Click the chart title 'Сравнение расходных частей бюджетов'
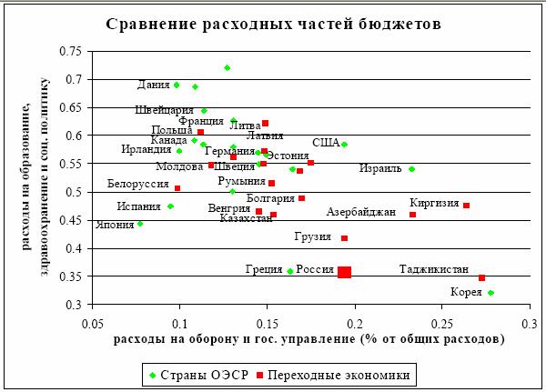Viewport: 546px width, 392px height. [x=273, y=24]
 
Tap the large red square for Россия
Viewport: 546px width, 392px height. [x=344, y=272]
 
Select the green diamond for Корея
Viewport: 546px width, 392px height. [x=490, y=293]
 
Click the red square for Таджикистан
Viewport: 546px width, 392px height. [x=481, y=277]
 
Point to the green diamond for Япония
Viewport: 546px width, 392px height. [x=140, y=223]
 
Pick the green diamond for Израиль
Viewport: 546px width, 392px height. [x=411, y=169]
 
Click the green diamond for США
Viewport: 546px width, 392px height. [x=344, y=145]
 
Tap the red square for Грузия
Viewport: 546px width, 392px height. [x=344, y=238]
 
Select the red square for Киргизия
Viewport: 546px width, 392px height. [x=466, y=206]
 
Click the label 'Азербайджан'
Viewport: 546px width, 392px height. [x=361, y=213]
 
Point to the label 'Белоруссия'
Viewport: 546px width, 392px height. [x=137, y=185]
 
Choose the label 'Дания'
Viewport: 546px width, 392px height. [x=153, y=85]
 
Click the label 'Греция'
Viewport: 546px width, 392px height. [x=264, y=270]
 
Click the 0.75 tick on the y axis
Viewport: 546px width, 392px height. [x=70, y=52]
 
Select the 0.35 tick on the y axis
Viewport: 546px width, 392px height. [x=70, y=276]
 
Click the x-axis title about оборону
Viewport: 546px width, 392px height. [x=309, y=339]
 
